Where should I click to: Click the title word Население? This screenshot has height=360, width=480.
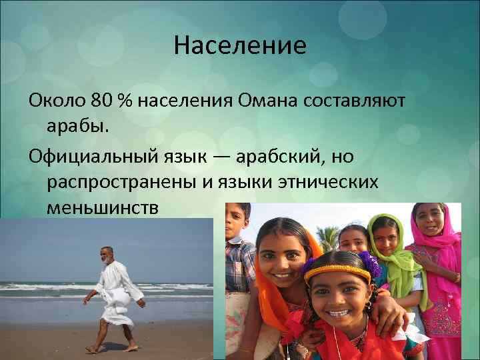(240, 46)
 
